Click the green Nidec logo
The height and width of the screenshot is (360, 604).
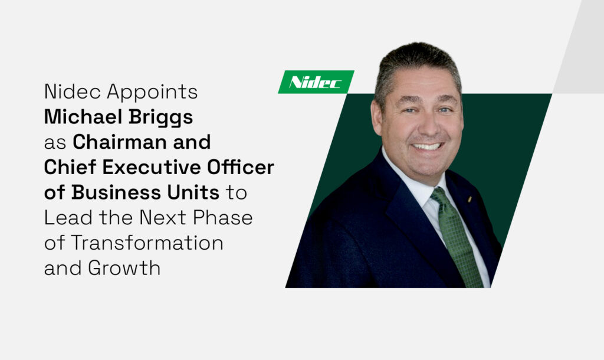click(316, 82)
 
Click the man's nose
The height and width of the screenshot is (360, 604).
click(423, 125)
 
